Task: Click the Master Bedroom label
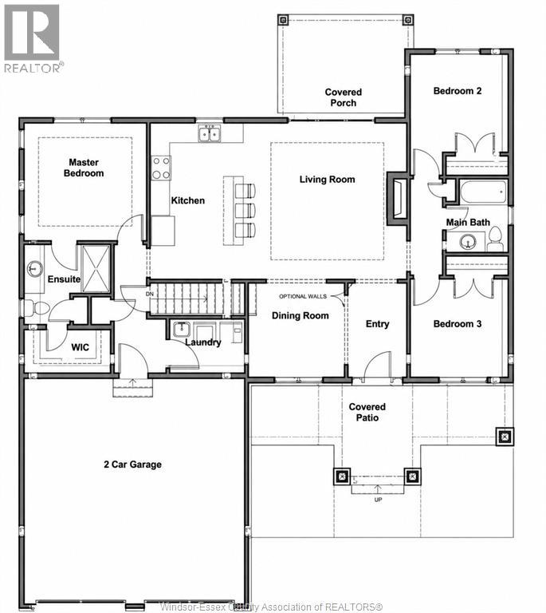point(84,168)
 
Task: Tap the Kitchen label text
point(188,200)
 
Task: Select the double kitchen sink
point(209,134)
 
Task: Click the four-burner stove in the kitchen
point(161,168)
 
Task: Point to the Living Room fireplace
point(398,199)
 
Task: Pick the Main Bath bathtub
point(483,192)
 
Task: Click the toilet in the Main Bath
point(495,239)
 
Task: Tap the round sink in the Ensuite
point(35,269)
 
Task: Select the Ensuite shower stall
point(96,268)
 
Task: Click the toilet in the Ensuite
point(36,308)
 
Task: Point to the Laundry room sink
point(182,329)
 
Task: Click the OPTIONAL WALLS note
point(303,296)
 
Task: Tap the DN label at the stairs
point(150,294)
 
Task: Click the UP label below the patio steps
point(378,500)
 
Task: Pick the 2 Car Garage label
point(132,465)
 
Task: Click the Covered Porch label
point(344,97)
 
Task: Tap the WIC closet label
point(80,347)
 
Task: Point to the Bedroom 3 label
point(458,324)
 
